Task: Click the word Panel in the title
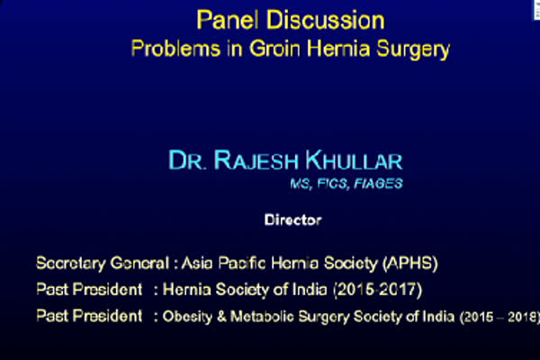pyautogui.click(x=228, y=20)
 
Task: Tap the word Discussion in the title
pyautogui.click(x=326, y=20)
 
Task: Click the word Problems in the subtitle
pyautogui.click(x=175, y=49)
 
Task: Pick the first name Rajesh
pyautogui.click(x=256, y=160)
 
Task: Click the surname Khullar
pyautogui.click(x=354, y=160)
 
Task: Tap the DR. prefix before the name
pyautogui.click(x=187, y=160)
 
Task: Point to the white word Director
pyautogui.click(x=293, y=220)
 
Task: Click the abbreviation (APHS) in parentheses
pyautogui.click(x=410, y=263)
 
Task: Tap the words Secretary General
pyautogui.click(x=103, y=264)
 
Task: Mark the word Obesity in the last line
pyautogui.click(x=187, y=317)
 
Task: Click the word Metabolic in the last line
pyautogui.click(x=262, y=316)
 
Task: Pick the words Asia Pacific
pyautogui.click(x=223, y=263)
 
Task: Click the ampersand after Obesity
pyautogui.click(x=221, y=317)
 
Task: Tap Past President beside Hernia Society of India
pyautogui.click(x=89, y=290)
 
